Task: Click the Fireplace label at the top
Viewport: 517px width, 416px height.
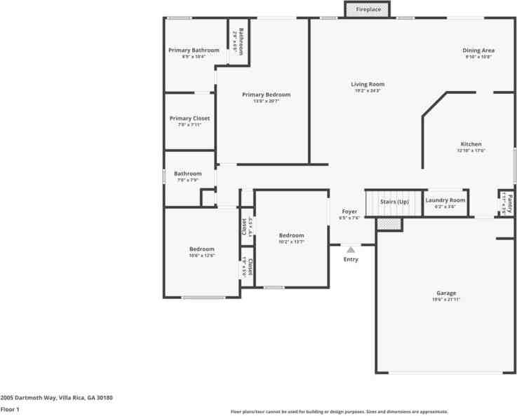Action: tap(368, 10)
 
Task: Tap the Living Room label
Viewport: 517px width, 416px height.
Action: tap(368, 84)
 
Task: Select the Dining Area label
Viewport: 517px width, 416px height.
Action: tap(478, 50)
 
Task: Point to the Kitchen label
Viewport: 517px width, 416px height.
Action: tap(471, 144)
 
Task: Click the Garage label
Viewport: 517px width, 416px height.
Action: tap(446, 293)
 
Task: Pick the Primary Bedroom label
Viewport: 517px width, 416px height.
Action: tap(266, 95)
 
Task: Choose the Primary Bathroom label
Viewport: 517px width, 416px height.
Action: tap(194, 50)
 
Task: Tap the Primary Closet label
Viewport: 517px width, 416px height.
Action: tap(189, 118)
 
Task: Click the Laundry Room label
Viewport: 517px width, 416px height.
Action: tap(445, 200)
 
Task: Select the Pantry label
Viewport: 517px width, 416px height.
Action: tap(510, 203)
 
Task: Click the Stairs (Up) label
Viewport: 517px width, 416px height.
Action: tap(394, 202)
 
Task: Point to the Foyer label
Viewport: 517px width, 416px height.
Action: tap(349, 212)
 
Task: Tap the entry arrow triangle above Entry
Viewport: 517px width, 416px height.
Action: tap(351, 248)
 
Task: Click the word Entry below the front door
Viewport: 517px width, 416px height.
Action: tap(351, 259)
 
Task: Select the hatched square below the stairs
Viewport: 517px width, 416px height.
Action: tap(389, 223)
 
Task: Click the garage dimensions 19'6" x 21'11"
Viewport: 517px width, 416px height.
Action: tap(446, 300)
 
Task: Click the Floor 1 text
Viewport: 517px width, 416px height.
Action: tap(10, 409)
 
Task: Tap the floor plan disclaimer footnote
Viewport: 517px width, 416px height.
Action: tap(340, 412)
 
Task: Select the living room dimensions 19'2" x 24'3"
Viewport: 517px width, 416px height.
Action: tap(368, 91)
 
